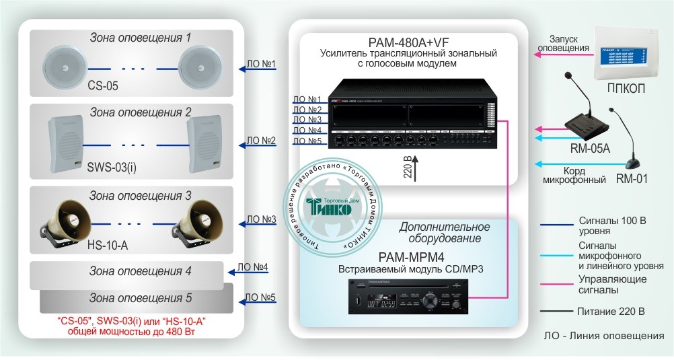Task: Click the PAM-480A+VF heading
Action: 408,42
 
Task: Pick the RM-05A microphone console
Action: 587,121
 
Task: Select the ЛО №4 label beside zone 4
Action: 253,268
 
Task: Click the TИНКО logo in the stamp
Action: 328,207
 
